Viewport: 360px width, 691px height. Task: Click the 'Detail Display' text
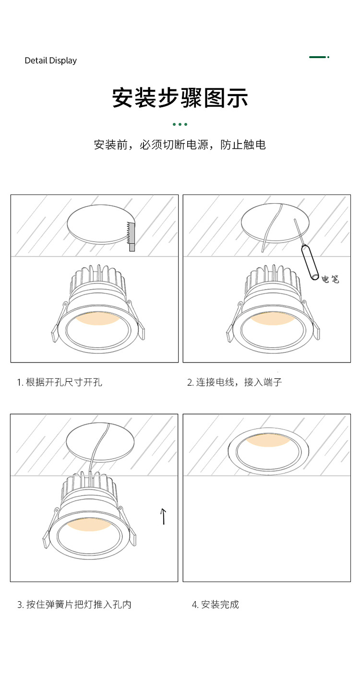point(50,61)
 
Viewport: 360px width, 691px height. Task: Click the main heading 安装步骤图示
point(180,98)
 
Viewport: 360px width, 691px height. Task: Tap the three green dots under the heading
point(180,124)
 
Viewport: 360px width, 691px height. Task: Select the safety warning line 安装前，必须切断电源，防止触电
point(180,145)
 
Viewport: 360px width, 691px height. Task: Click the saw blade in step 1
point(131,236)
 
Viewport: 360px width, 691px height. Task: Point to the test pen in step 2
point(306,249)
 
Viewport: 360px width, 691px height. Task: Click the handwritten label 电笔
point(330,279)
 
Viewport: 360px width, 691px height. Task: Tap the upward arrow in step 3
point(163,516)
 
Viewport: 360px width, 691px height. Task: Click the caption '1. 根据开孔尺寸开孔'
point(60,382)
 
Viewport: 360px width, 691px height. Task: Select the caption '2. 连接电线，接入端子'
point(234,382)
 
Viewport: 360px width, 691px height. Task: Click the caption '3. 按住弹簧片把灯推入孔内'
point(74,604)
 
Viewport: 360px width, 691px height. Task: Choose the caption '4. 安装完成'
point(216,604)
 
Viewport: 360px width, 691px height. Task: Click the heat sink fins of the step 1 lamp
point(98,278)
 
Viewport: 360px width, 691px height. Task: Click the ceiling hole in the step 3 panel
point(100,442)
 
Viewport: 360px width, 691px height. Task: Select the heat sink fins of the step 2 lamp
point(273,278)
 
